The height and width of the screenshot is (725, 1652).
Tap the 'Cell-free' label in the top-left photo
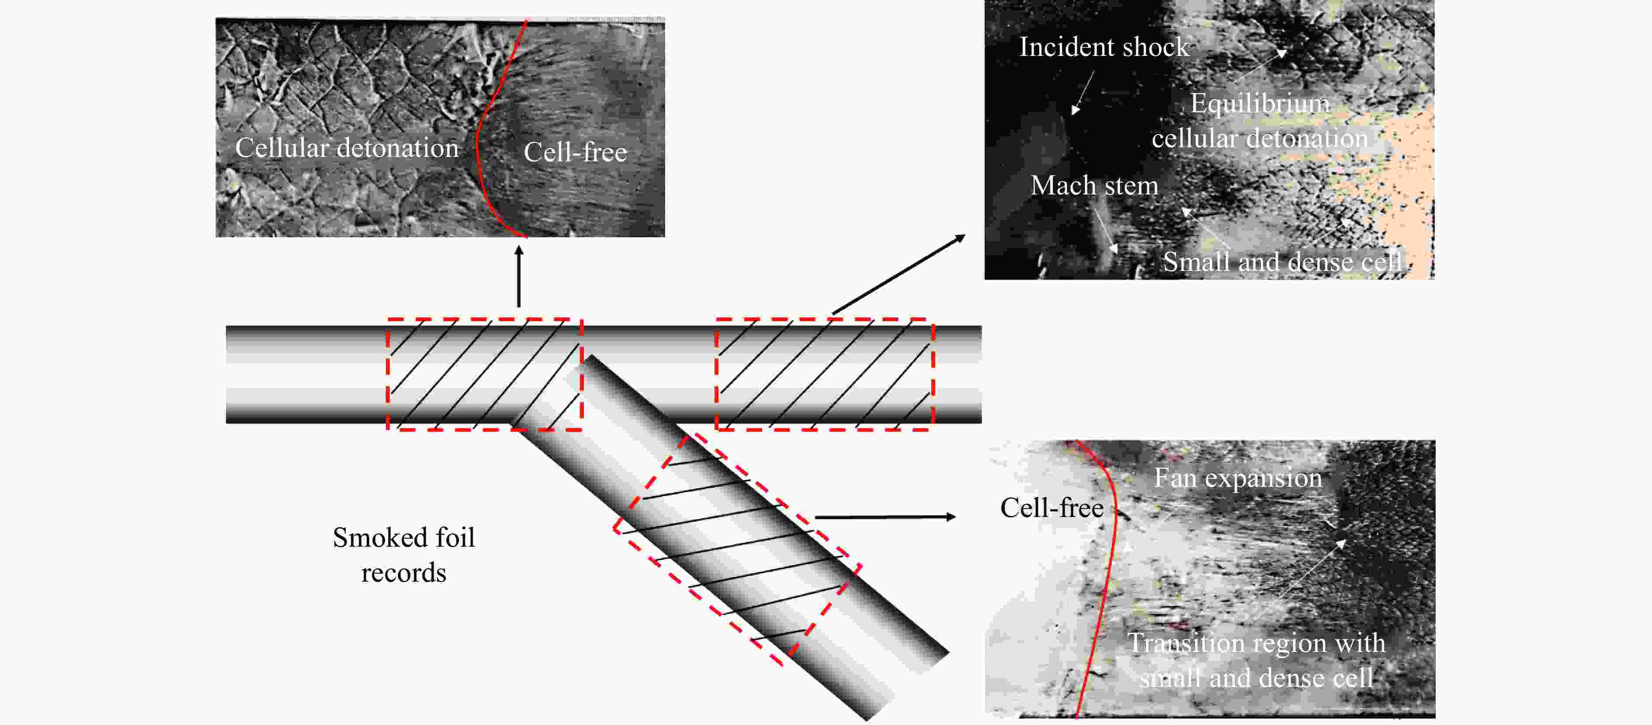575,153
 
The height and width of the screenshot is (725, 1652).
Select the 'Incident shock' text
1104,47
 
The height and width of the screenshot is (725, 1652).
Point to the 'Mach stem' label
1094,185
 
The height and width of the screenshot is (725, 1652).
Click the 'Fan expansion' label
1238,478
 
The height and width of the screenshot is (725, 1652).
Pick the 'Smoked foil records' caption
403,555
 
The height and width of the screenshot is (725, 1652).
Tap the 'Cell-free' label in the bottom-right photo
1052,508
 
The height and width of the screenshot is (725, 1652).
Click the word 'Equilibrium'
1260,103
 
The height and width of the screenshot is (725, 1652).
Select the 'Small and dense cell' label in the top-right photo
1282,261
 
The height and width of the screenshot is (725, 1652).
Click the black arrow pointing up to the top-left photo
519,276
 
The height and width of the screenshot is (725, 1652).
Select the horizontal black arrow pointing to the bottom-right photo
885,517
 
